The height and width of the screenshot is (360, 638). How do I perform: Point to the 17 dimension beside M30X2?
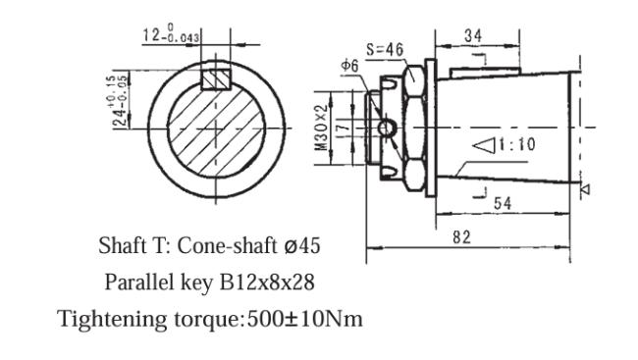click(x=338, y=128)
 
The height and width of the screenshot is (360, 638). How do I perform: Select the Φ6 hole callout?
click(x=351, y=66)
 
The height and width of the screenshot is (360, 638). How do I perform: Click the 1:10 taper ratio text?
click(x=518, y=146)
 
